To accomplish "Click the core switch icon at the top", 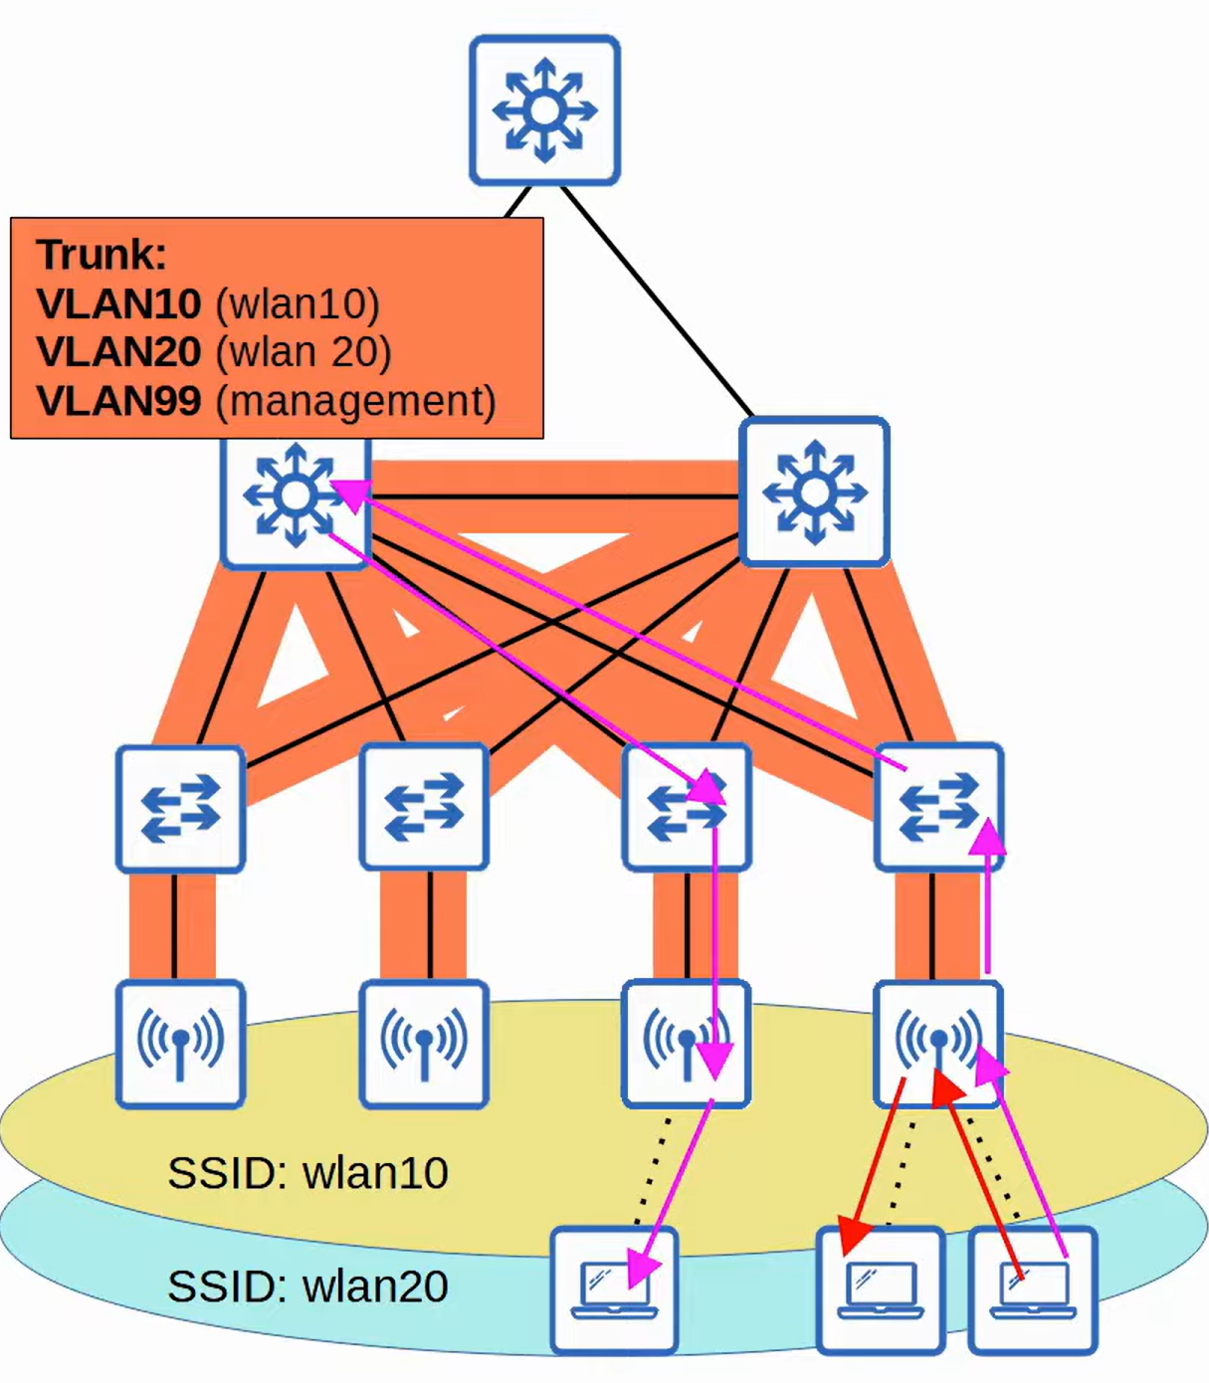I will pos(544,110).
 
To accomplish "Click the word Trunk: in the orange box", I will pos(101,255).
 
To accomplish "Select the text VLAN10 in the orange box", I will pos(118,303).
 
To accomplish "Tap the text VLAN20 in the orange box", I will pos(118,351).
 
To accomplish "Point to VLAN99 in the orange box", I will pos(118,400).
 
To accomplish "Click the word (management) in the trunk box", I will pos(355,401).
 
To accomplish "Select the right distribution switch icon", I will pos(814,492).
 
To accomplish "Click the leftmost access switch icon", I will pos(180,808).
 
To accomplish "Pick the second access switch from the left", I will pos(424,807).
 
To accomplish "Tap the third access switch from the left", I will pos(687,807).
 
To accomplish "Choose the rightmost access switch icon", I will pos(938,807).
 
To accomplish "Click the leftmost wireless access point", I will pos(180,1044).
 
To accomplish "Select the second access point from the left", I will pos(424,1044).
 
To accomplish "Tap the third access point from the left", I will pos(686,1044).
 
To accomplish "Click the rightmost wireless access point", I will pos(938,1044).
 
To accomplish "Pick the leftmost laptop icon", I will pos(614,1290).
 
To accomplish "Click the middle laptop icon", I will pos(881,1290).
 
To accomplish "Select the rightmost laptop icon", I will pos(1033,1290).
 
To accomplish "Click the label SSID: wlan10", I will pos(307,1173).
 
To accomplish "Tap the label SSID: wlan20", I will pos(307,1286).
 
